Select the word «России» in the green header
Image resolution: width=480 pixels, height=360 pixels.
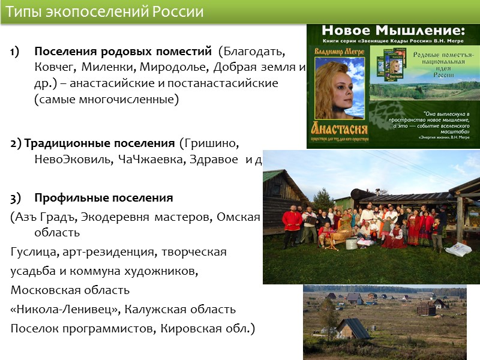178,12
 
